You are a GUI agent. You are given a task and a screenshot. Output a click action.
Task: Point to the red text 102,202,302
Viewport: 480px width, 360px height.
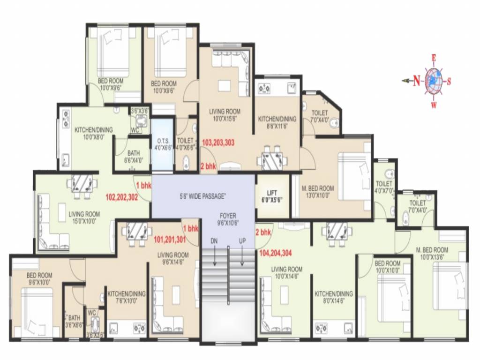click(122, 197)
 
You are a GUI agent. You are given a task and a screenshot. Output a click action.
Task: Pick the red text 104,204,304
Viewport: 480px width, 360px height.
click(276, 253)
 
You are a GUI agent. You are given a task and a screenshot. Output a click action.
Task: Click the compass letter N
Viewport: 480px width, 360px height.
click(416, 81)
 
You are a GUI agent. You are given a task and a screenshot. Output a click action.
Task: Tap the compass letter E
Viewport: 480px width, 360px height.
click(434, 58)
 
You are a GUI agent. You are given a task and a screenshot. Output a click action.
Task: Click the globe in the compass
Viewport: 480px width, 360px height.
click(434, 81)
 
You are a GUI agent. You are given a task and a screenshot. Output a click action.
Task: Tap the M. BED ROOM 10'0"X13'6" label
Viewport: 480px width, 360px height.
click(432, 254)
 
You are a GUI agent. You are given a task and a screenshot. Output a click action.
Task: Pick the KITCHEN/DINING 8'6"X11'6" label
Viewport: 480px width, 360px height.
click(277, 123)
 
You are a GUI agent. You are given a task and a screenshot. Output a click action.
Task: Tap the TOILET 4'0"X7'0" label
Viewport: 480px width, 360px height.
click(384, 187)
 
